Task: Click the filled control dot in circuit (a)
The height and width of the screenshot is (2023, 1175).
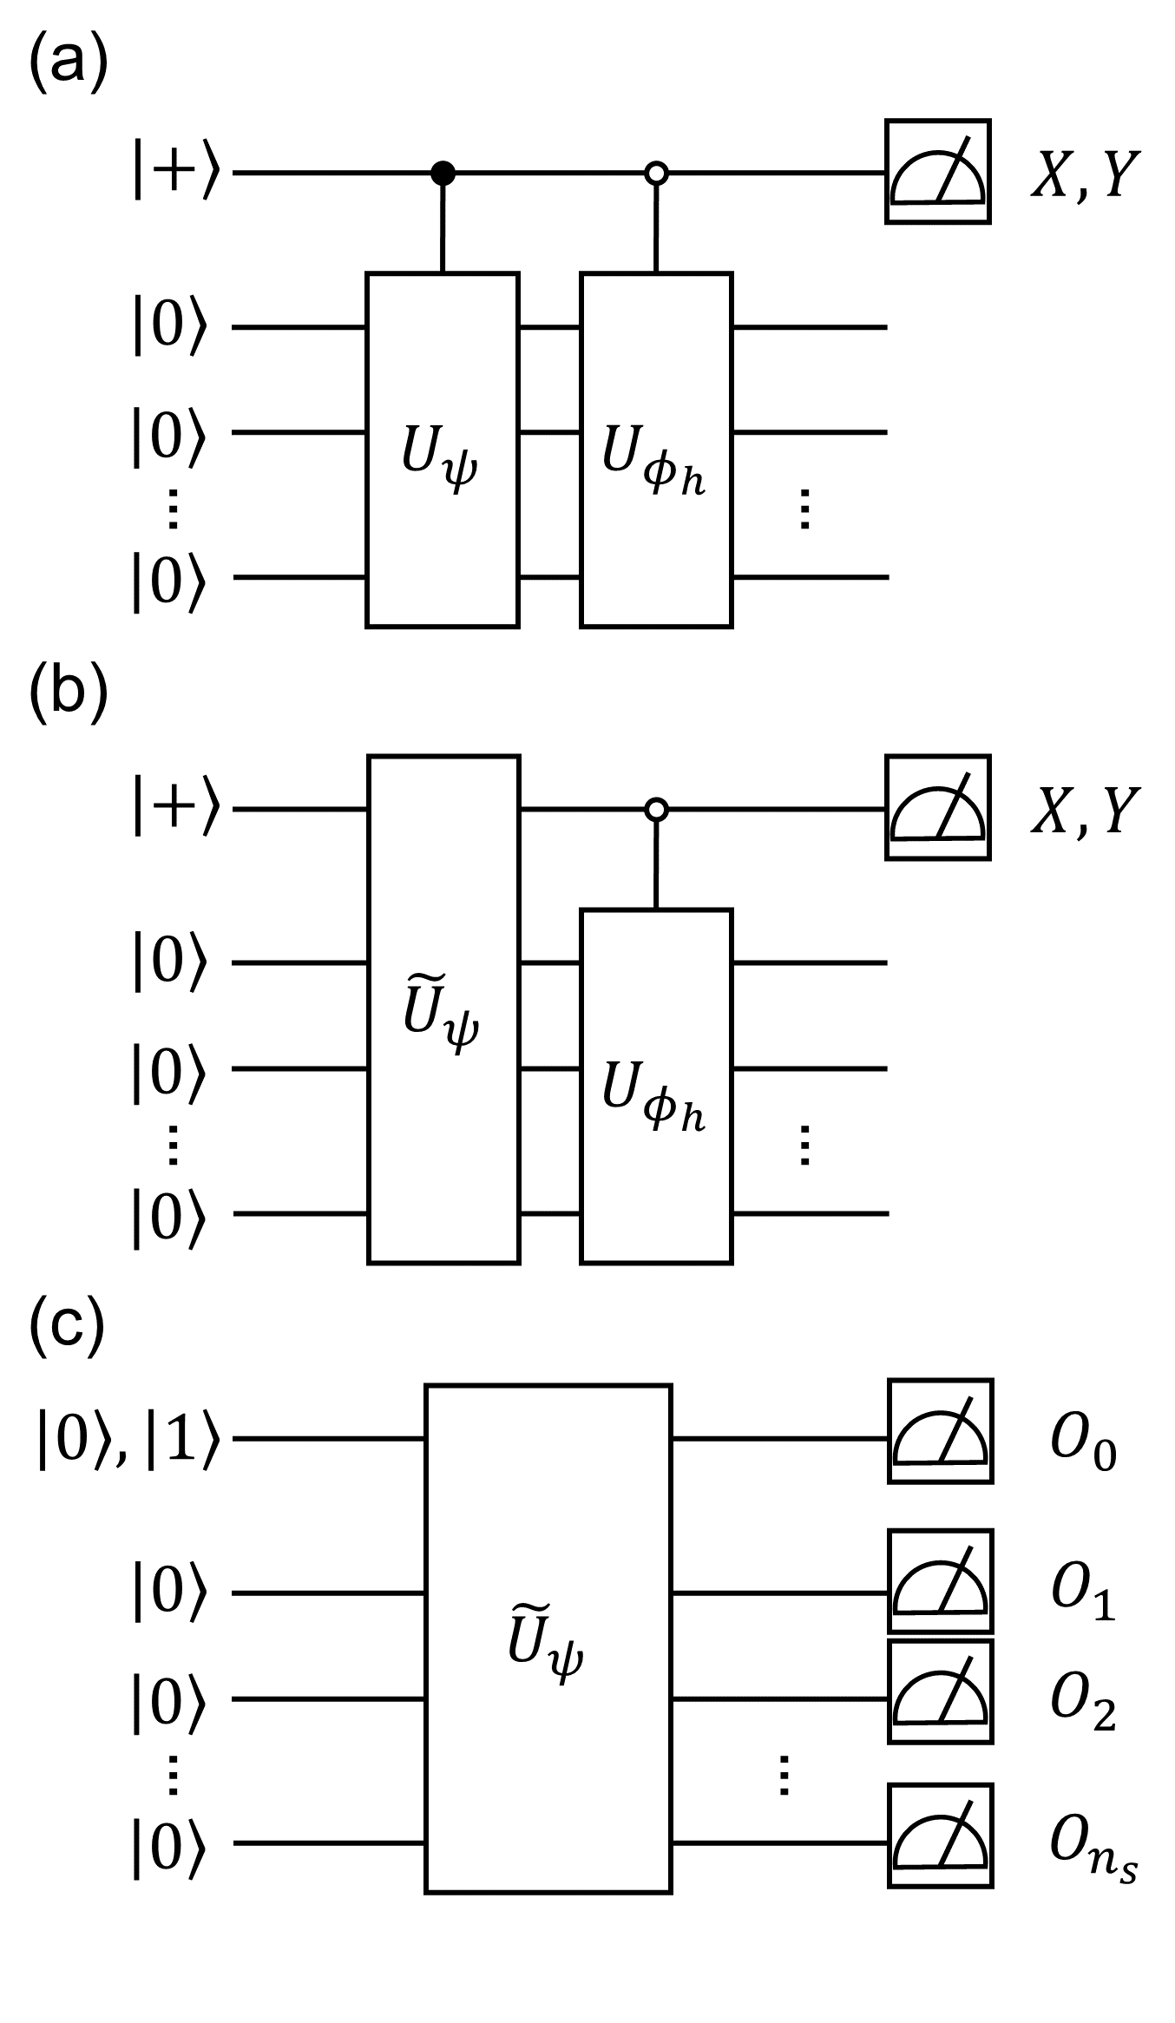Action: click(443, 174)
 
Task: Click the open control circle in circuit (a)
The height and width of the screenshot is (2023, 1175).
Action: click(656, 174)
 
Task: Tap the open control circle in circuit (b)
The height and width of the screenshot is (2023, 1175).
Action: click(657, 811)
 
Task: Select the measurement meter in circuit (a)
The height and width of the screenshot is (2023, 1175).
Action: click(938, 172)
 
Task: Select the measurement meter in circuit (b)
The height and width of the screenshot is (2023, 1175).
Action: click(938, 808)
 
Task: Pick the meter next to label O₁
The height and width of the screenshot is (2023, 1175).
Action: click(940, 1581)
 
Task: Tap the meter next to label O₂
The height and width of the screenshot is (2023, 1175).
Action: click(940, 1691)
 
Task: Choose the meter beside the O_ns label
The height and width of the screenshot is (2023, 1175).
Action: click(940, 1836)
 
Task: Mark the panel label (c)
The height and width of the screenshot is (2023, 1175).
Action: click(67, 1329)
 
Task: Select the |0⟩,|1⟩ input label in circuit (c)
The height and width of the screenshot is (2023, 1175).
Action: click(128, 1439)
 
